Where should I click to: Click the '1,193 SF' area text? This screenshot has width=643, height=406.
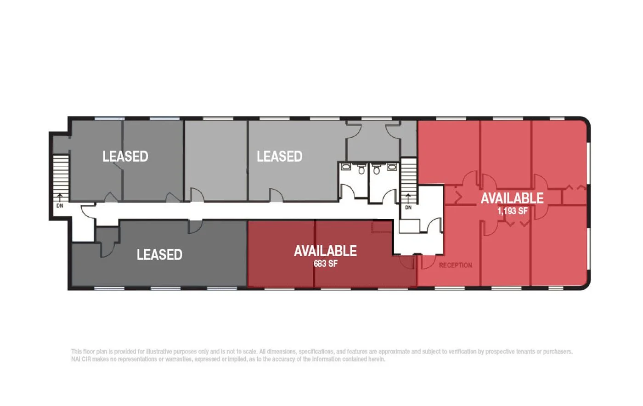click(513, 211)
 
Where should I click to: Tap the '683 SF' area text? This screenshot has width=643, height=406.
click(326, 264)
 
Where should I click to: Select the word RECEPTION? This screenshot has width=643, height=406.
click(455, 265)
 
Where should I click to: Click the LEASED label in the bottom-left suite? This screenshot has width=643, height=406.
click(159, 254)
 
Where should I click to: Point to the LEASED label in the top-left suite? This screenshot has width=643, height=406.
click(125, 156)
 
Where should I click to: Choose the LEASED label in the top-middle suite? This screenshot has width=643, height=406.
click(279, 156)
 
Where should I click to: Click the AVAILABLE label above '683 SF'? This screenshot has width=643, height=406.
click(326, 251)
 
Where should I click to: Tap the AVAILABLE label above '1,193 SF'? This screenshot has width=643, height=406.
click(512, 198)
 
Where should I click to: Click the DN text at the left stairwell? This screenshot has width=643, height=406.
click(60, 206)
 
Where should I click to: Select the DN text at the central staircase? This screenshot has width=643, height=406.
click(408, 208)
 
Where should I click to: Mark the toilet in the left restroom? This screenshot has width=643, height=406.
click(361, 170)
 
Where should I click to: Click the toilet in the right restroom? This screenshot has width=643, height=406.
click(377, 170)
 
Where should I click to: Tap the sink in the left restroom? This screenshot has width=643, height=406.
click(346, 167)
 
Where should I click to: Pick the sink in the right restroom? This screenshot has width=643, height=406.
click(392, 167)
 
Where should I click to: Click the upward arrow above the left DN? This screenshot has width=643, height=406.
click(60, 197)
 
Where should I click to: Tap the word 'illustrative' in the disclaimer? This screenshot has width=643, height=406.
click(159, 351)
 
